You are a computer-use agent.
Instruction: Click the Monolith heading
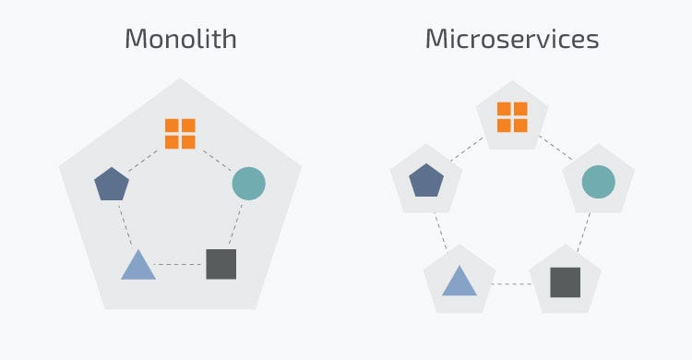pyautogui.click(x=181, y=39)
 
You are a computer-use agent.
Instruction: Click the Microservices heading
pyautogui.click(x=511, y=39)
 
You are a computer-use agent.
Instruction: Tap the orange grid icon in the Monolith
pyautogui.click(x=180, y=133)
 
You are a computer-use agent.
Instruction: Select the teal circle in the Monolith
pyautogui.click(x=248, y=183)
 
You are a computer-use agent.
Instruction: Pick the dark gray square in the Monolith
pyautogui.click(x=221, y=264)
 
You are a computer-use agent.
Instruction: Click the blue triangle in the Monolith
pyautogui.click(x=137, y=266)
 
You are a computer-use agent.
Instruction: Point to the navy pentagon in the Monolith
pyautogui.click(x=112, y=184)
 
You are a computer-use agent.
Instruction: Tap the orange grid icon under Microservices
pyautogui.click(x=512, y=117)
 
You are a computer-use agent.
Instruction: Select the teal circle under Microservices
pyautogui.click(x=598, y=181)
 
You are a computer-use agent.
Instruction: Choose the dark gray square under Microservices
pyautogui.click(x=565, y=282)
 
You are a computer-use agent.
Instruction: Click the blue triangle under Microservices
pyautogui.click(x=459, y=281)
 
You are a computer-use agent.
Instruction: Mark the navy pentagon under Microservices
pyautogui.click(x=425, y=180)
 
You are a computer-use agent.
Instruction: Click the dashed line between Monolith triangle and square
pyautogui.click(x=180, y=265)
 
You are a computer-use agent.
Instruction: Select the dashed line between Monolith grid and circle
pyautogui.click(x=216, y=158)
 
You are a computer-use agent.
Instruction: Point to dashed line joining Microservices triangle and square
pyautogui.click(x=512, y=283)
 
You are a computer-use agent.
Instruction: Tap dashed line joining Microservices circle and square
pyautogui.click(x=583, y=231)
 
